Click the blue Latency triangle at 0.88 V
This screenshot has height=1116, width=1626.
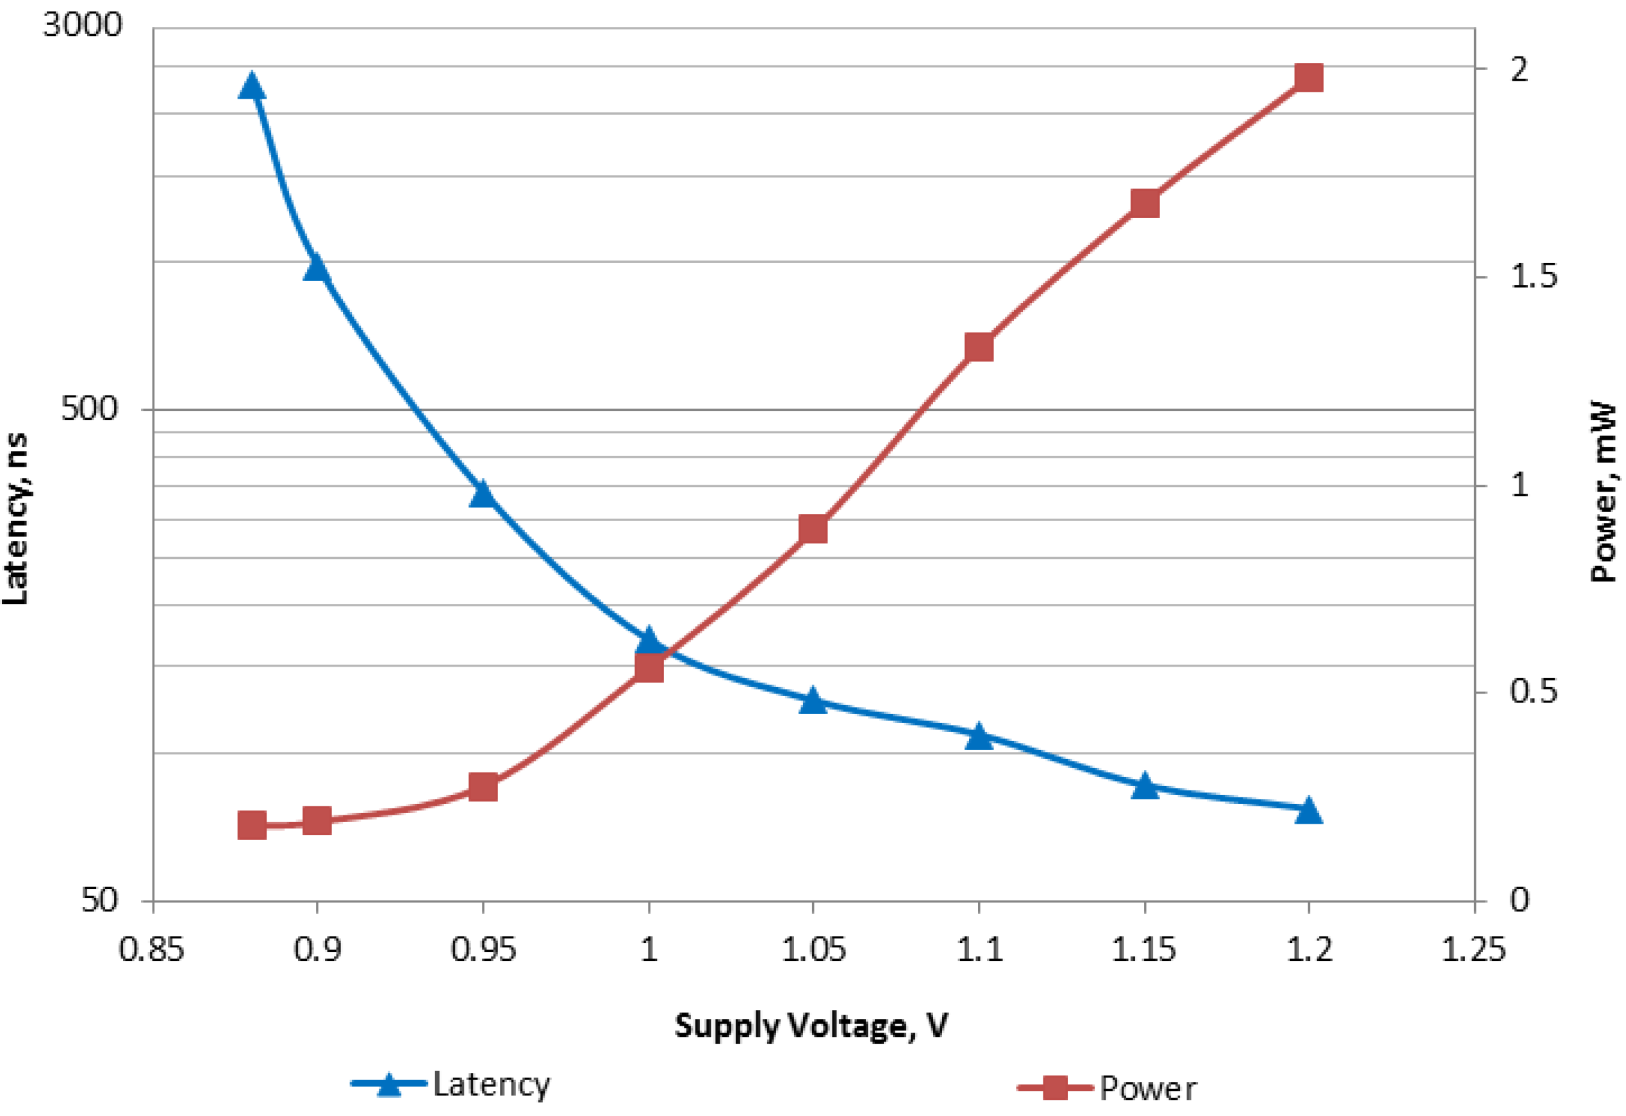click(252, 87)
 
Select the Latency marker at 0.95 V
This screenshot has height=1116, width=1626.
click(482, 494)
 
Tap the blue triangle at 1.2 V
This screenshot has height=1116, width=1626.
click(1307, 811)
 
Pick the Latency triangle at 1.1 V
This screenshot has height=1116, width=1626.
click(979, 737)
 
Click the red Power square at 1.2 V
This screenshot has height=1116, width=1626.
click(1308, 77)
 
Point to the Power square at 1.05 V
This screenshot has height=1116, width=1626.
click(813, 530)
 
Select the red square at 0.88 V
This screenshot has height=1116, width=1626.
click(252, 826)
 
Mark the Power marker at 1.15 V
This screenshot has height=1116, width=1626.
click(1145, 204)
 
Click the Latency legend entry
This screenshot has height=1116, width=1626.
click(452, 1085)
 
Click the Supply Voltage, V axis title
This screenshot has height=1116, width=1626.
click(811, 1026)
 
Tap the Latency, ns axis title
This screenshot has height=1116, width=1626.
click(15, 519)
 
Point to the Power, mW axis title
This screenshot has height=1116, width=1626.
click(1606, 491)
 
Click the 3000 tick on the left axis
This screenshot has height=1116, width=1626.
click(83, 25)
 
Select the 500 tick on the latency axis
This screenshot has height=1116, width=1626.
click(90, 408)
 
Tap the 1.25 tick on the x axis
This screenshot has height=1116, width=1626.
click(1473, 949)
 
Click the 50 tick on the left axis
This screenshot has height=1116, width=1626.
click(99, 900)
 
